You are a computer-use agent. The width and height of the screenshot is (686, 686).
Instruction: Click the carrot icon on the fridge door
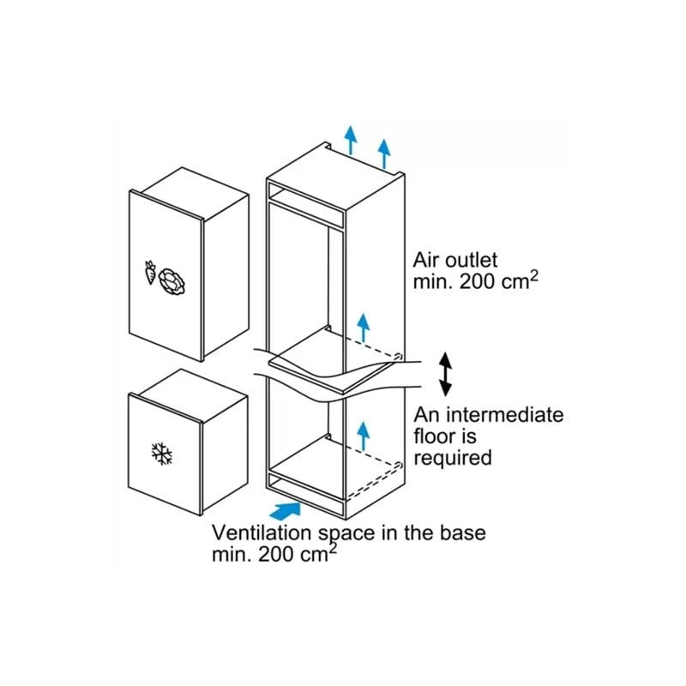[x=150, y=272]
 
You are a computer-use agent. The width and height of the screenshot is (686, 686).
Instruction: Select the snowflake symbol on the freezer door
[x=162, y=454]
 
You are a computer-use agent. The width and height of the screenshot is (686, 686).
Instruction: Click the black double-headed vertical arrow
[x=445, y=374]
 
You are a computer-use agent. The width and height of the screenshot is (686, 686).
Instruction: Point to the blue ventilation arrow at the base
[x=285, y=511]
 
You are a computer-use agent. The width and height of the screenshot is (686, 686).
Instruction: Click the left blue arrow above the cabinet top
[x=350, y=140]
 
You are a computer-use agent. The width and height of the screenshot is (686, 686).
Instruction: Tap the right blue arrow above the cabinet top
[x=384, y=153]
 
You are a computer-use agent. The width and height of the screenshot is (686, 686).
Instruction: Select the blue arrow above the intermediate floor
[x=363, y=328]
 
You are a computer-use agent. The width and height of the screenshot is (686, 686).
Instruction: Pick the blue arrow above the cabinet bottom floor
[x=363, y=436]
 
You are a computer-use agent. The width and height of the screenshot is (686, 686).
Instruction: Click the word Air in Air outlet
[x=425, y=260]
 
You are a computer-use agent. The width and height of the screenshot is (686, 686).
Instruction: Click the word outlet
[x=470, y=260]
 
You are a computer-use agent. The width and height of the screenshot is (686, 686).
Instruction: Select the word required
[x=453, y=459]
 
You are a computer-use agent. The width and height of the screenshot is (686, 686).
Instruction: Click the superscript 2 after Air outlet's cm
[x=533, y=276]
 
